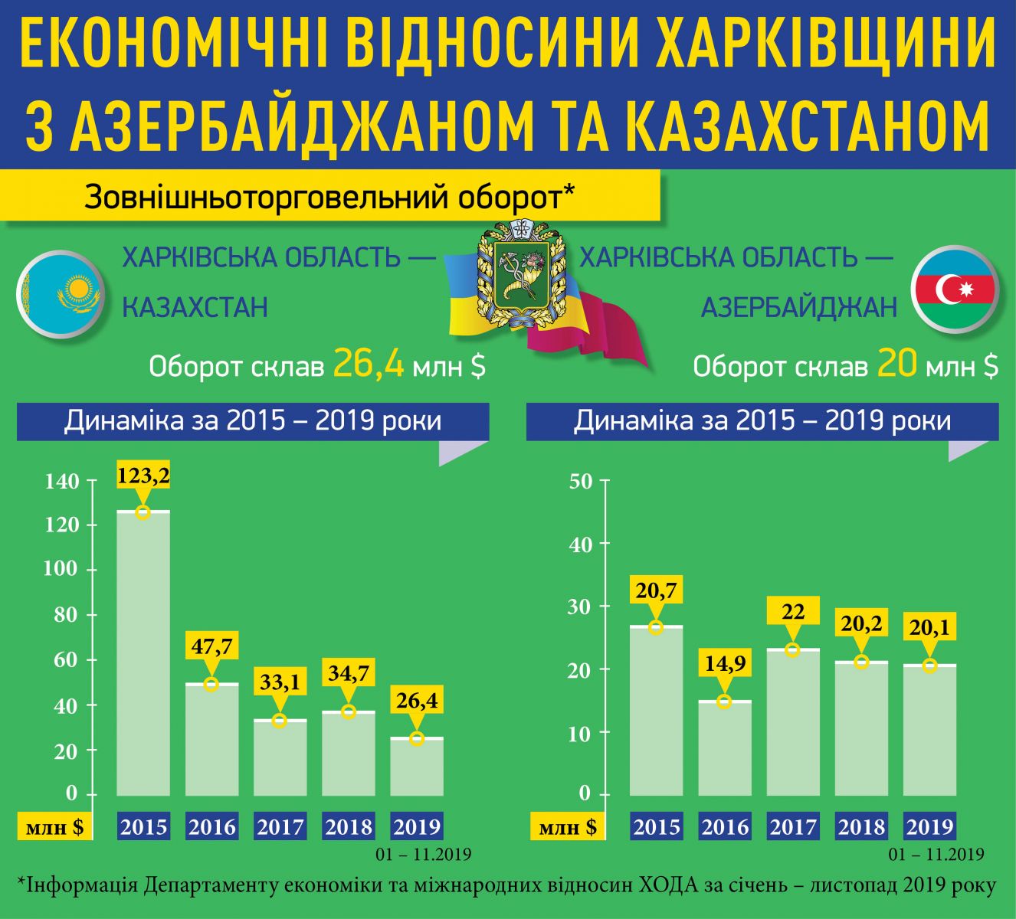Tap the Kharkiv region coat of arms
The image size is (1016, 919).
coord(516,274)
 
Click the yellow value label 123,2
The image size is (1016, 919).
coord(143,476)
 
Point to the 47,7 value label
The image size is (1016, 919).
coord(212,646)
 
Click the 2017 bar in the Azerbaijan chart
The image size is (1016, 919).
coord(794,721)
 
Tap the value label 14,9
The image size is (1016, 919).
coord(725,664)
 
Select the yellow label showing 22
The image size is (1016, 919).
coord(793,611)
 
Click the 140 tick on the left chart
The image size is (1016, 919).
coord(62,482)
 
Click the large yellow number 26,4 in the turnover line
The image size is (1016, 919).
coord(369,364)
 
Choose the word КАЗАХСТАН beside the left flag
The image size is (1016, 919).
coord(195,307)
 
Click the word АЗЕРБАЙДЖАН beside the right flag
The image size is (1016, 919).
coord(799,307)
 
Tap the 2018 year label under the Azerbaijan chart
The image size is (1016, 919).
coord(862,827)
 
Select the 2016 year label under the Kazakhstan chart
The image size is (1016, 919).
coord(212,827)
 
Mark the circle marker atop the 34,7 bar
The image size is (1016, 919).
coord(349,711)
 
